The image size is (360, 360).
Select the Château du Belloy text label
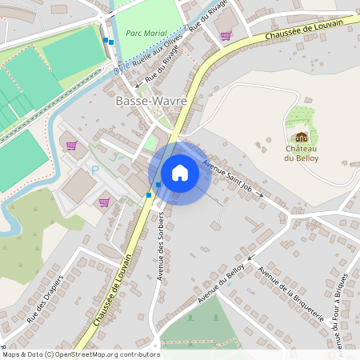(301, 153)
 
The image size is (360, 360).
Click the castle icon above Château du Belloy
(301, 138)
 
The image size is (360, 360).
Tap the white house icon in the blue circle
(179, 172)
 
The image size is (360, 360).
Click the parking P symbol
(95, 170)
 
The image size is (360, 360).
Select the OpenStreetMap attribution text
(80, 354)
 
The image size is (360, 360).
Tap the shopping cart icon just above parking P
(72, 146)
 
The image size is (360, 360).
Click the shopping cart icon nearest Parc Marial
(226, 35)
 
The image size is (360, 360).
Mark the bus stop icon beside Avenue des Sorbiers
(149, 195)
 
